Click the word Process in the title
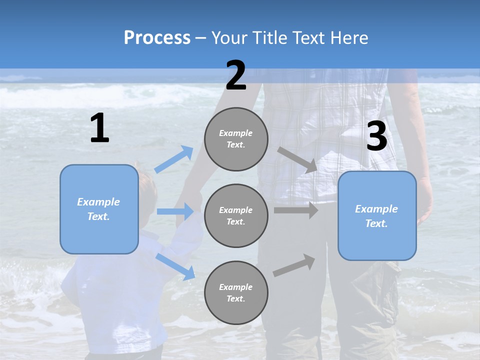pyautogui.click(x=157, y=38)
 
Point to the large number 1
pyautogui.click(x=99, y=128)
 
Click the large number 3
pyautogui.click(x=376, y=137)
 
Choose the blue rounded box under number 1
pyautogui.click(x=99, y=209)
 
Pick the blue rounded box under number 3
pyautogui.click(x=377, y=215)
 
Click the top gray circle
pyautogui.click(x=236, y=139)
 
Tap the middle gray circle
pyautogui.click(x=236, y=215)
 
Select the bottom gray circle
pyautogui.click(x=236, y=292)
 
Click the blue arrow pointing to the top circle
pyautogui.click(x=174, y=159)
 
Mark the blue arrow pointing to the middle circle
pyautogui.click(x=175, y=211)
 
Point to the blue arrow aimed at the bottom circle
pyautogui.click(x=175, y=266)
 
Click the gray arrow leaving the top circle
pyautogui.click(x=297, y=159)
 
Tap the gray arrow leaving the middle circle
pyautogui.click(x=296, y=210)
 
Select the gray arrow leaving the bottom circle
pyautogui.click(x=294, y=265)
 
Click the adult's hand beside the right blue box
pyautogui.click(x=424, y=200)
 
